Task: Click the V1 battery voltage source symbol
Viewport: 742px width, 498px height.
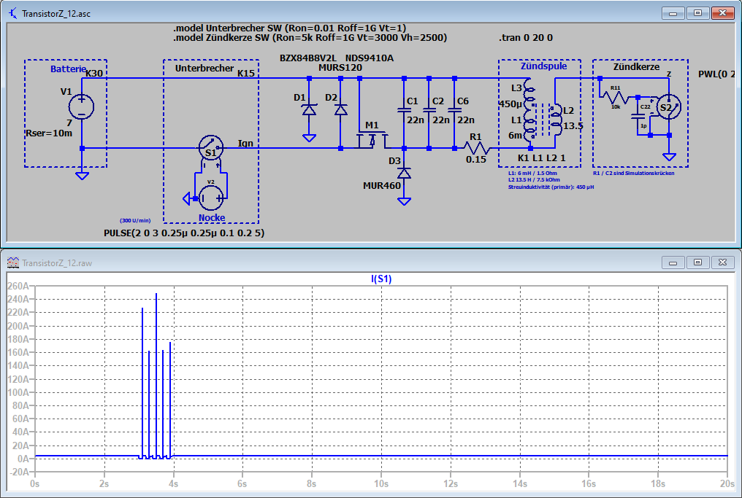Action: click(x=81, y=106)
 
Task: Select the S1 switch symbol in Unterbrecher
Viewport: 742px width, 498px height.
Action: click(x=210, y=148)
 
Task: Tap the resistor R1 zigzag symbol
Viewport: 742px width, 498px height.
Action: click(x=476, y=148)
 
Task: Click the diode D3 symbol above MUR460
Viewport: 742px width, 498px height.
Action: click(x=403, y=174)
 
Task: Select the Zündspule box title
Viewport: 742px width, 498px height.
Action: click(x=543, y=66)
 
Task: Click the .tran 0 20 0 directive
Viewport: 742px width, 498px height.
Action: click(x=526, y=37)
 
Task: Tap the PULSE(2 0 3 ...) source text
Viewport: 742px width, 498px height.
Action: click(x=185, y=233)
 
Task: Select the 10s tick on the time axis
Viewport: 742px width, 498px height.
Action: click(x=381, y=483)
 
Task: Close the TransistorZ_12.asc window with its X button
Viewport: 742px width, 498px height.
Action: click(x=723, y=12)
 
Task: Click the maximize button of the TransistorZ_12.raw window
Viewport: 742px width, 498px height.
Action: click(x=697, y=261)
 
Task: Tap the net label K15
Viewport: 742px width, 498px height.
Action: click(x=246, y=73)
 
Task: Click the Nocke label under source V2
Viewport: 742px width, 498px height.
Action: click(x=212, y=217)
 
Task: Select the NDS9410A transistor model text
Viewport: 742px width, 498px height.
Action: click(x=370, y=58)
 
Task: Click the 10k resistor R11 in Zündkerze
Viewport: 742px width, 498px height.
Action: click(x=615, y=96)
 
